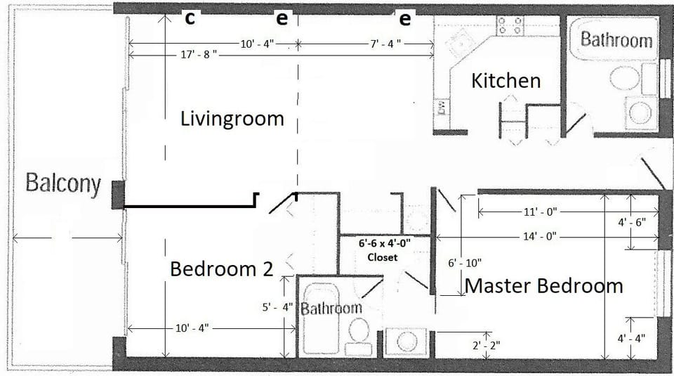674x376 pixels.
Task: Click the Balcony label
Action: coord(62,185)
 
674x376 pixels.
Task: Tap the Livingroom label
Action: coord(232,119)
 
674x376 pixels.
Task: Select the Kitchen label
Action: coord(505,81)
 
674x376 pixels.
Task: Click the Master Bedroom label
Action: coord(543,286)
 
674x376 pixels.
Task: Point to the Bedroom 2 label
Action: coord(221,269)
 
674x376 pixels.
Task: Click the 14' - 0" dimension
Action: coord(540,237)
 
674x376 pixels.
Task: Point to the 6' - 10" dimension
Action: coord(465,263)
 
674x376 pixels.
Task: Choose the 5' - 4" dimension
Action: coord(275,307)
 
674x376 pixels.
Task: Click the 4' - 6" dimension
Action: coord(631,222)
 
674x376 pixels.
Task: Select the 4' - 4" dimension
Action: coord(631,338)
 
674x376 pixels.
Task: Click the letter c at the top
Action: coord(190,19)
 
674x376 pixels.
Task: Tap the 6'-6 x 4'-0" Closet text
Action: coord(383,250)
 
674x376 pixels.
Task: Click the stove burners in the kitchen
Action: coord(510,26)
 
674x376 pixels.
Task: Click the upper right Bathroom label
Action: coord(616,39)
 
